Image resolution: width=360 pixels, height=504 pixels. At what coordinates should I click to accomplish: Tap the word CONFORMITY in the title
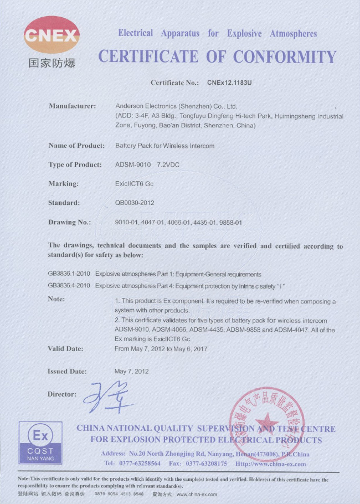pos(285,57)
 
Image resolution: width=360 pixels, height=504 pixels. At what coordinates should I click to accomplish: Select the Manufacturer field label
pos(73,106)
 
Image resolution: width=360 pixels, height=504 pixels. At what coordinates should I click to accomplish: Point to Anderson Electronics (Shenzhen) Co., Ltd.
pos(176,106)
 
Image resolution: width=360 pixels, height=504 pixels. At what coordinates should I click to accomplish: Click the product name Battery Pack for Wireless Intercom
pos(164,146)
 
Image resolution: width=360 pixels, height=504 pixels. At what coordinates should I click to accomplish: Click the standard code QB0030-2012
pos(135,203)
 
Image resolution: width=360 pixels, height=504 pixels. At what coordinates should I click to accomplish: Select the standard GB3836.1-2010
pos(69,274)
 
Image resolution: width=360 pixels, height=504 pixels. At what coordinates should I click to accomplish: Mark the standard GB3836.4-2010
pos(69,285)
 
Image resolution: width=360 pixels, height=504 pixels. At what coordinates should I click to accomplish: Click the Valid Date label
pos(66,349)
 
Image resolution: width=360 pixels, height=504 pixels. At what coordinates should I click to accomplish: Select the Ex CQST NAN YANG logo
pos(40,444)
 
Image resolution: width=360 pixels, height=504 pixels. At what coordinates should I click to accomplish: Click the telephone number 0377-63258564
pos(139,464)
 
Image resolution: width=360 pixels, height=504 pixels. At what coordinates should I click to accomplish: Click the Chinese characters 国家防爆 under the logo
pos(52,63)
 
